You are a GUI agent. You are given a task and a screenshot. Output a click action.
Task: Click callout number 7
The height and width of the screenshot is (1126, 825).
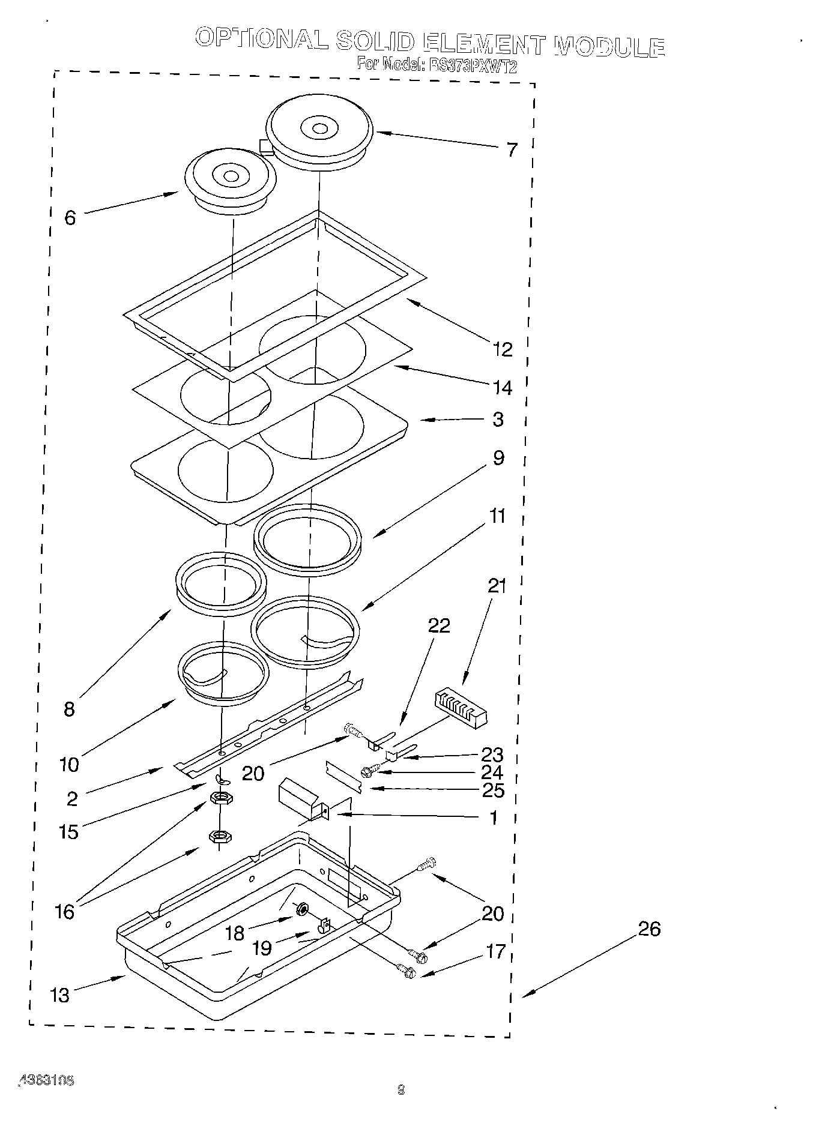point(511,149)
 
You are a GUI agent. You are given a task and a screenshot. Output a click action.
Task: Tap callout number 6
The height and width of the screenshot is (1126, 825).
point(70,218)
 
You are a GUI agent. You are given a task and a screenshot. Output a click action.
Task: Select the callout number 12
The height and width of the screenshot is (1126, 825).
point(503,349)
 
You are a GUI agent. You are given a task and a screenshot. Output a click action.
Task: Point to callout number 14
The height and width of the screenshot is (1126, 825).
point(503,388)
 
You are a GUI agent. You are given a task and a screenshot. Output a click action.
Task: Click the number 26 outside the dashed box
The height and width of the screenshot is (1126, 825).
point(648,929)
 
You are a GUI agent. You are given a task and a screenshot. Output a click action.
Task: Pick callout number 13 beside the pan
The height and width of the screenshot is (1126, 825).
point(59,995)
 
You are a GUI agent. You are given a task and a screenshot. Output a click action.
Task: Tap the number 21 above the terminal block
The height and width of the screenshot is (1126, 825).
point(497,586)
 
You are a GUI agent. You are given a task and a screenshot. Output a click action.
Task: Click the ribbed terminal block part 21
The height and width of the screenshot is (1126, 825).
point(459,708)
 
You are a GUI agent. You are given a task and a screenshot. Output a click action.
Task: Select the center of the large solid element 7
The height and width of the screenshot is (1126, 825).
point(319,129)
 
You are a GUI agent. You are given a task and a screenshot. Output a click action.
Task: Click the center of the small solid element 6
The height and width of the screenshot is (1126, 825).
point(231,176)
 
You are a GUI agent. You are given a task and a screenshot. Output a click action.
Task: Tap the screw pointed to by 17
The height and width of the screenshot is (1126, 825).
point(406,969)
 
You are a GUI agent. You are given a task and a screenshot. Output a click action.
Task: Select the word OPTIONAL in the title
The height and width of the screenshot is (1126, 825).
point(262,39)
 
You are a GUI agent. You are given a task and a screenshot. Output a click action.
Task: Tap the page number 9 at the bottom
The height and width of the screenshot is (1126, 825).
point(402,1089)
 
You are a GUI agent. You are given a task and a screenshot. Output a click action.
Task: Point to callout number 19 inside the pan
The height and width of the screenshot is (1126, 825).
point(262,948)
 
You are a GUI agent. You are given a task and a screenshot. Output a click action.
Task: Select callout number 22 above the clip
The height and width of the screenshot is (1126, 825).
point(438,625)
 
